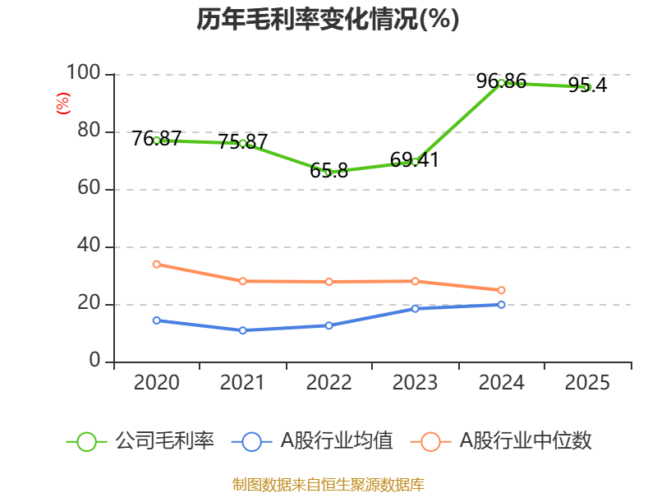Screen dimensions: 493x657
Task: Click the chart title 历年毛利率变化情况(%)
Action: pyautogui.click(x=328, y=20)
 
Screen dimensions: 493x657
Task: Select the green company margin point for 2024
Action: pyautogui.click(x=501, y=83)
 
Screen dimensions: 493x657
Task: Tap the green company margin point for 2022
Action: pyautogui.click(x=328, y=173)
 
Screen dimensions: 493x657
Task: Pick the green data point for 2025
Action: pyautogui.click(x=587, y=87)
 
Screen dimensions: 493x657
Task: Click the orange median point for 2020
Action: pyautogui.click(x=156, y=265)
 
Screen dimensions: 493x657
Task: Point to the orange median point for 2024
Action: pyautogui.click(x=501, y=290)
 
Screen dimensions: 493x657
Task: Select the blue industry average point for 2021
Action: pyautogui.click(x=242, y=330)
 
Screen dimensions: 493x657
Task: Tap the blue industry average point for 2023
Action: pyautogui.click(x=415, y=309)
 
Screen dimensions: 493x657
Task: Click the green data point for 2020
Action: pyautogui.click(x=156, y=141)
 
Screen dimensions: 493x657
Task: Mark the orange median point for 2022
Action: pyautogui.click(x=328, y=282)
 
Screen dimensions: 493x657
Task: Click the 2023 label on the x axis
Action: pyautogui.click(x=415, y=383)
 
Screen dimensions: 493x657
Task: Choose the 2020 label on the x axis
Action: pyautogui.click(x=156, y=383)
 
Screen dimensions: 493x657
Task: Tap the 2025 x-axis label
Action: pyautogui.click(x=587, y=383)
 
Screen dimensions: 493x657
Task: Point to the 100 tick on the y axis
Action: pyautogui.click(x=83, y=75)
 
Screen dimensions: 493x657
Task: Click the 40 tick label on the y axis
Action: pyautogui.click(x=89, y=246)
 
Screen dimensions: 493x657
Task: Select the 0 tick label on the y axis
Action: pyautogui.click(x=95, y=362)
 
